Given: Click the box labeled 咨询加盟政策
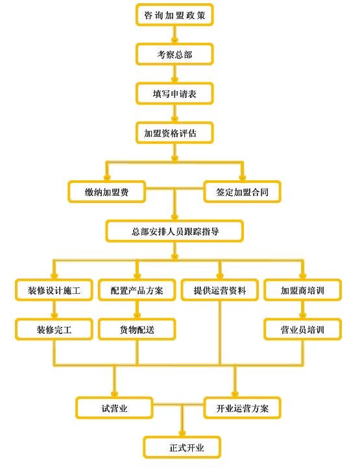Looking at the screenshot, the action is (x=174, y=15).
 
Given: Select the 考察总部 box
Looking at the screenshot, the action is (x=174, y=54).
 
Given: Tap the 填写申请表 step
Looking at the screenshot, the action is (x=174, y=93).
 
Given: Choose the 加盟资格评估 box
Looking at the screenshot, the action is (x=174, y=133).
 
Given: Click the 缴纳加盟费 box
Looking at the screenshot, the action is (x=106, y=192).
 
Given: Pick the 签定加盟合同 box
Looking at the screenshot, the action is (x=242, y=192).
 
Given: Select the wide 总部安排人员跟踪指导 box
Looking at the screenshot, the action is (x=174, y=231).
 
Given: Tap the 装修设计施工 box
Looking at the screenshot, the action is (x=54, y=290).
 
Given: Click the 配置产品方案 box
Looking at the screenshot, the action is (x=137, y=290).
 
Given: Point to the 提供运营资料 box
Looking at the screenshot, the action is (x=220, y=290).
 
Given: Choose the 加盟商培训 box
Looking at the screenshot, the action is (x=302, y=290).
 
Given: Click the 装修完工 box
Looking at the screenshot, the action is (x=54, y=329).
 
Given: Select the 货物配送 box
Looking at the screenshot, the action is (x=137, y=329).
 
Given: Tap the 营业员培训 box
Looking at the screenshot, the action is (x=302, y=329).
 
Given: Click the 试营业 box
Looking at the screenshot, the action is (x=114, y=408).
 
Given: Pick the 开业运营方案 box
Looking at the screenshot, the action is (x=242, y=408).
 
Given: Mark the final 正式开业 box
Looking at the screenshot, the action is (x=182, y=448).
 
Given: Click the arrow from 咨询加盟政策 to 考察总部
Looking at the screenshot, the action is (x=174, y=34).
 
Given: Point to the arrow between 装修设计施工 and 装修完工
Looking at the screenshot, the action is (x=54, y=310).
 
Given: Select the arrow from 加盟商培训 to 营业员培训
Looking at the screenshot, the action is (x=302, y=310).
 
